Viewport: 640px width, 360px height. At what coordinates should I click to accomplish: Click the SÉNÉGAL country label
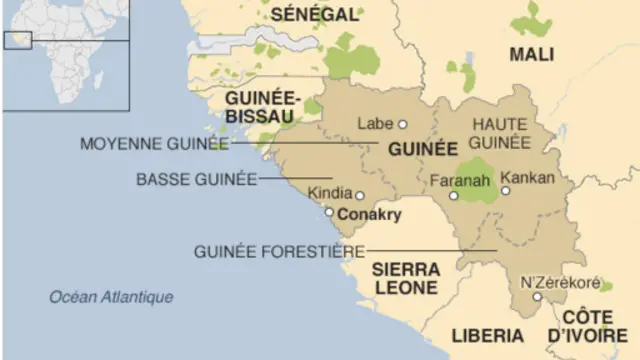pyautogui.click(x=314, y=14)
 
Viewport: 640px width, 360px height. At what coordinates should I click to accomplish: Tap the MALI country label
pyautogui.click(x=532, y=54)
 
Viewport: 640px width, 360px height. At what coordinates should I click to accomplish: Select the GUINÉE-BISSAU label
pyautogui.click(x=260, y=108)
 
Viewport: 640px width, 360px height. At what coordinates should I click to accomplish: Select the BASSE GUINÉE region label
pyautogui.click(x=195, y=179)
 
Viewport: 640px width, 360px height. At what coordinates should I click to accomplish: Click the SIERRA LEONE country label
pyautogui.click(x=405, y=279)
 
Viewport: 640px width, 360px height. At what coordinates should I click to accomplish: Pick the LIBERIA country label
pyautogui.click(x=487, y=334)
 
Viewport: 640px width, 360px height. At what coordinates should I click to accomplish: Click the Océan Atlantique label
pyautogui.click(x=111, y=296)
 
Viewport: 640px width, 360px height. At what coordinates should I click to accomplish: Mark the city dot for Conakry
pyautogui.click(x=329, y=212)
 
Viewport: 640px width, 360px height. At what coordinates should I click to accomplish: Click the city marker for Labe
pyautogui.click(x=402, y=125)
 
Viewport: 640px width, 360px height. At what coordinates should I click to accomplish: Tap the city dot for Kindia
pyautogui.click(x=359, y=196)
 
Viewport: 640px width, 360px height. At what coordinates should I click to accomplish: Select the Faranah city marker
pyautogui.click(x=453, y=196)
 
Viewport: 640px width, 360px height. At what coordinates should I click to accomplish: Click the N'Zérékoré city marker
pyautogui.click(x=537, y=297)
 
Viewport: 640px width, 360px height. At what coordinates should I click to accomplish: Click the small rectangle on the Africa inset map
pyautogui.click(x=18, y=39)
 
